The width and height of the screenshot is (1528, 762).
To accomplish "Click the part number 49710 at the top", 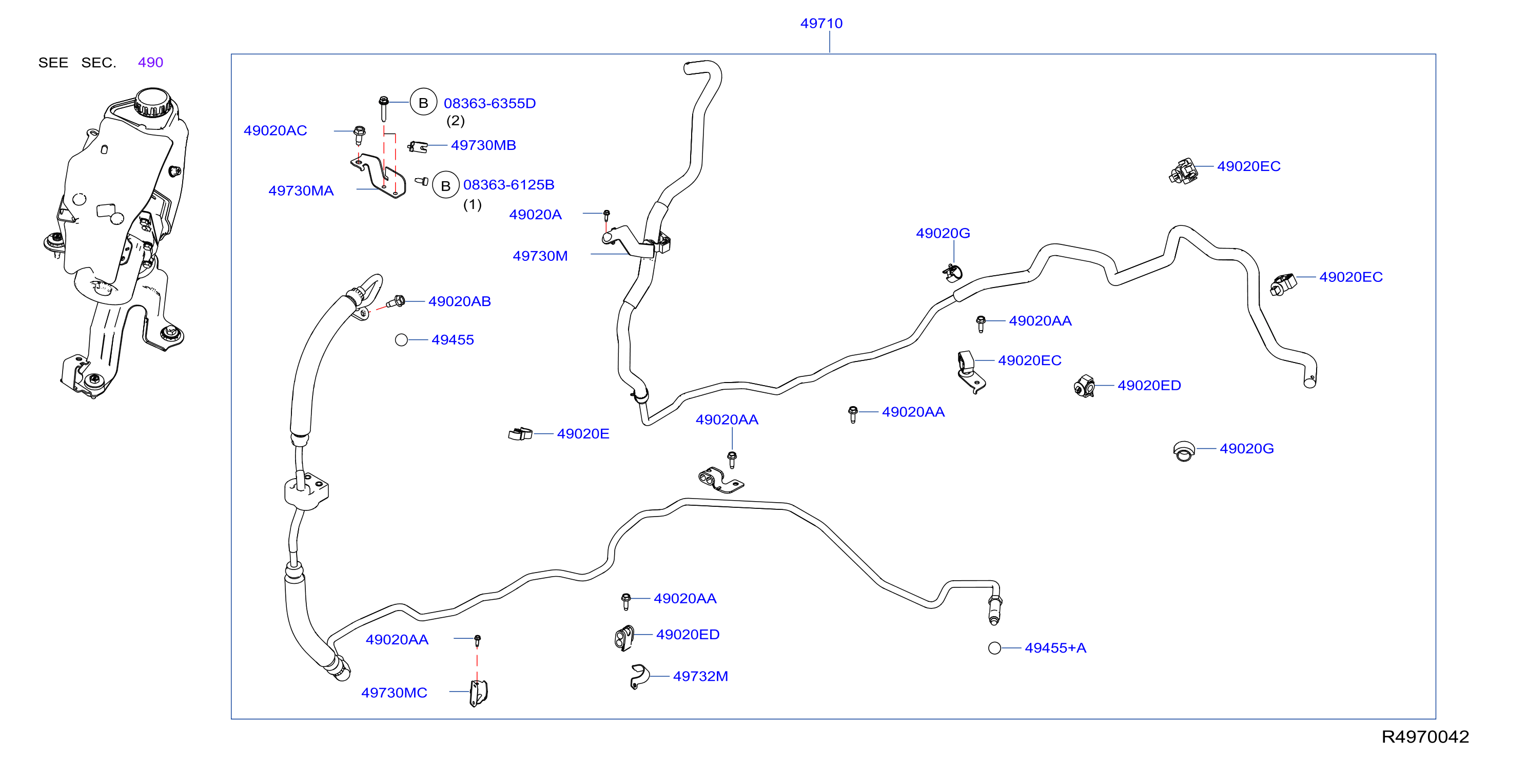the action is click(x=821, y=23).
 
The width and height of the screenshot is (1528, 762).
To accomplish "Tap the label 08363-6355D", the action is click(x=489, y=103).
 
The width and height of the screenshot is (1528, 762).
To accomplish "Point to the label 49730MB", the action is click(x=483, y=145).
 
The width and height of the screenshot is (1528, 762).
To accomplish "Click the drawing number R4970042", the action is click(x=1425, y=736).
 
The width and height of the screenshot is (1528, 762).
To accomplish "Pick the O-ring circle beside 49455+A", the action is click(x=995, y=648).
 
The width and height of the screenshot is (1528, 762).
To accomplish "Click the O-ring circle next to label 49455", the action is click(x=402, y=340).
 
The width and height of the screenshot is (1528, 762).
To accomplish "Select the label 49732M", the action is click(x=700, y=677).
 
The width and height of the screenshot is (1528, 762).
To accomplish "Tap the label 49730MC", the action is click(x=395, y=693).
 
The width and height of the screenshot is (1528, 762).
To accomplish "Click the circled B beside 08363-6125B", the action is click(x=445, y=185).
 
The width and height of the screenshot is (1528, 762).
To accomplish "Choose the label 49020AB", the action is click(x=460, y=301).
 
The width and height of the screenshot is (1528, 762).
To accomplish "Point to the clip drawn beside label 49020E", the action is click(x=520, y=434).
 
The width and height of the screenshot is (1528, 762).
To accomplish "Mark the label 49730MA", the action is click(x=301, y=191).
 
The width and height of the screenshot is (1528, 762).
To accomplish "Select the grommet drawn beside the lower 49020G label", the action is click(x=1184, y=451).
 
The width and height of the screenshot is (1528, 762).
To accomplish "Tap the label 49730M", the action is click(x=540, y=256).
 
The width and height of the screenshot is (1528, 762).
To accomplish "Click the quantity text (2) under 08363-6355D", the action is click(x=456, y=121).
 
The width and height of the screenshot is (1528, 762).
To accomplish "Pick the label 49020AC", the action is click(x=275, y=130).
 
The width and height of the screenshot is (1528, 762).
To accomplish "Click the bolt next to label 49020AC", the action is click(x=359, y=135).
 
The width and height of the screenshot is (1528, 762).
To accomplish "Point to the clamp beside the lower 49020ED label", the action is click(x=624, y=638).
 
